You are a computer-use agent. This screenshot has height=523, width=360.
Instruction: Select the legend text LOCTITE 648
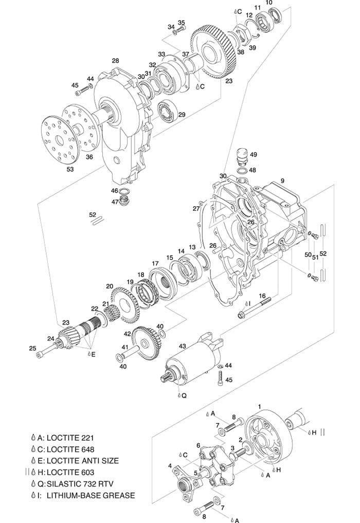[70, 449]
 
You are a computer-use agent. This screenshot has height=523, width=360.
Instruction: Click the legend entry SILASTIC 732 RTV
[80, 483]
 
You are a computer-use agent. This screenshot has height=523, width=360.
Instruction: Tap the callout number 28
[115, 61]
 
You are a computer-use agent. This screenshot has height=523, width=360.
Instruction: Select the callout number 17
[155, 263]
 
